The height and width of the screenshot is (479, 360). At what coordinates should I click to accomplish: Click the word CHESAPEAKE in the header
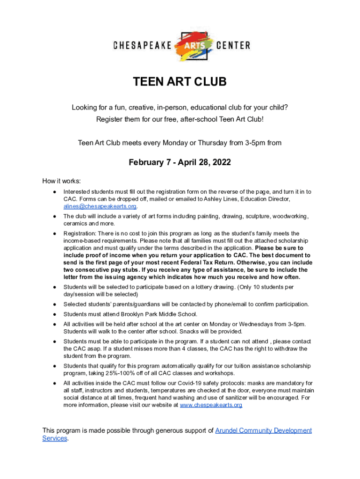click(142, 46)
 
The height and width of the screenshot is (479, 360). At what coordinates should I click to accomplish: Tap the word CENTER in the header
click(233, 46)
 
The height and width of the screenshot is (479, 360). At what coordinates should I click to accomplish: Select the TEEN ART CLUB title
click(180, 82)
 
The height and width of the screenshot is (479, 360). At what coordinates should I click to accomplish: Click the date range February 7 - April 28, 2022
click(180, 163)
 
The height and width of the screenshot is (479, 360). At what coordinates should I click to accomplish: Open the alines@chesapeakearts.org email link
click(100, 206)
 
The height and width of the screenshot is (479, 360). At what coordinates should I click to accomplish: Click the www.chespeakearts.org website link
click(211, 405)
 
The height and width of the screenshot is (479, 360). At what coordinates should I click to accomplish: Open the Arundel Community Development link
click(263, 430)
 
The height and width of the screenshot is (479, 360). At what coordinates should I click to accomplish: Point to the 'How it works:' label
click(62, 181)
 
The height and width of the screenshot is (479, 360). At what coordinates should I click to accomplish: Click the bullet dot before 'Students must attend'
click(55, 314)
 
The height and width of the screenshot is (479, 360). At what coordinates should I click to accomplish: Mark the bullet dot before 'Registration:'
click(55, 233)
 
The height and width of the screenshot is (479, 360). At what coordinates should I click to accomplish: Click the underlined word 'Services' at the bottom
click(55, 438)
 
